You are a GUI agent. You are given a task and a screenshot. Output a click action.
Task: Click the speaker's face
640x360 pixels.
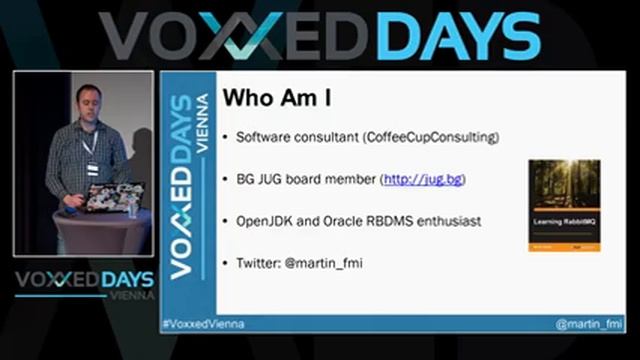coord(86,102)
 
